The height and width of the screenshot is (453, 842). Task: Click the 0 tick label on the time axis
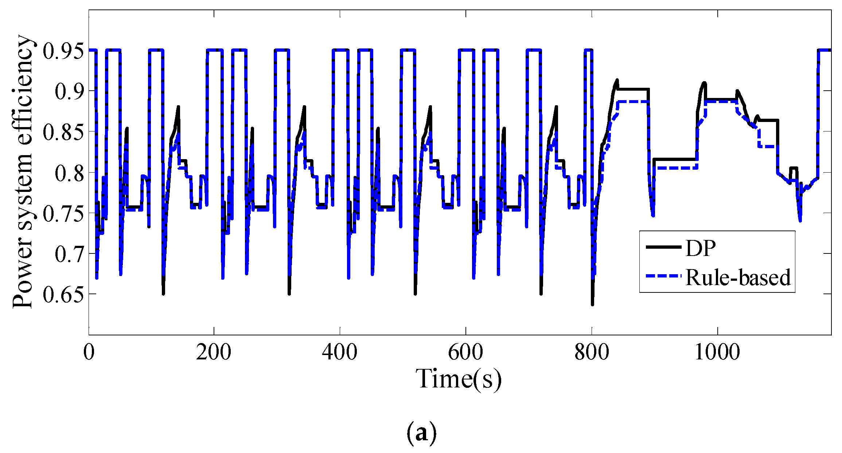point(89,352)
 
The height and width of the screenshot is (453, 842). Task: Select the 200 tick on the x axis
point(214,352)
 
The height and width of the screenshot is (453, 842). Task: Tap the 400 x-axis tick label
point(339,352)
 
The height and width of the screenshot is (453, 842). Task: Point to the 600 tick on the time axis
point(465,352)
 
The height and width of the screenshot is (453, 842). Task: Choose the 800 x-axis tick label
point(591,352)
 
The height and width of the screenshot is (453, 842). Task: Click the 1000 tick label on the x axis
point(717,352)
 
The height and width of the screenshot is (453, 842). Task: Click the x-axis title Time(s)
point(459,379)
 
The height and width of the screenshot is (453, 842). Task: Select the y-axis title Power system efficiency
point(23,172)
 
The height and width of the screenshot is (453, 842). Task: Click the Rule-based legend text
point(738,277)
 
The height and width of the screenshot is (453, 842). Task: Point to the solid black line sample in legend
point(663,247)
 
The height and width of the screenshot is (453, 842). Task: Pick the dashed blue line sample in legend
point(663,277)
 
